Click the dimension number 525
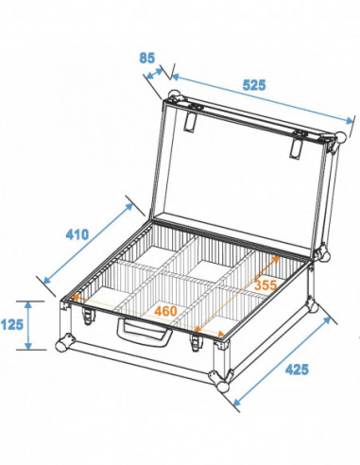251,83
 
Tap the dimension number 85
146,57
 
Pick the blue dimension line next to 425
280,356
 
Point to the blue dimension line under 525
255,100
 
